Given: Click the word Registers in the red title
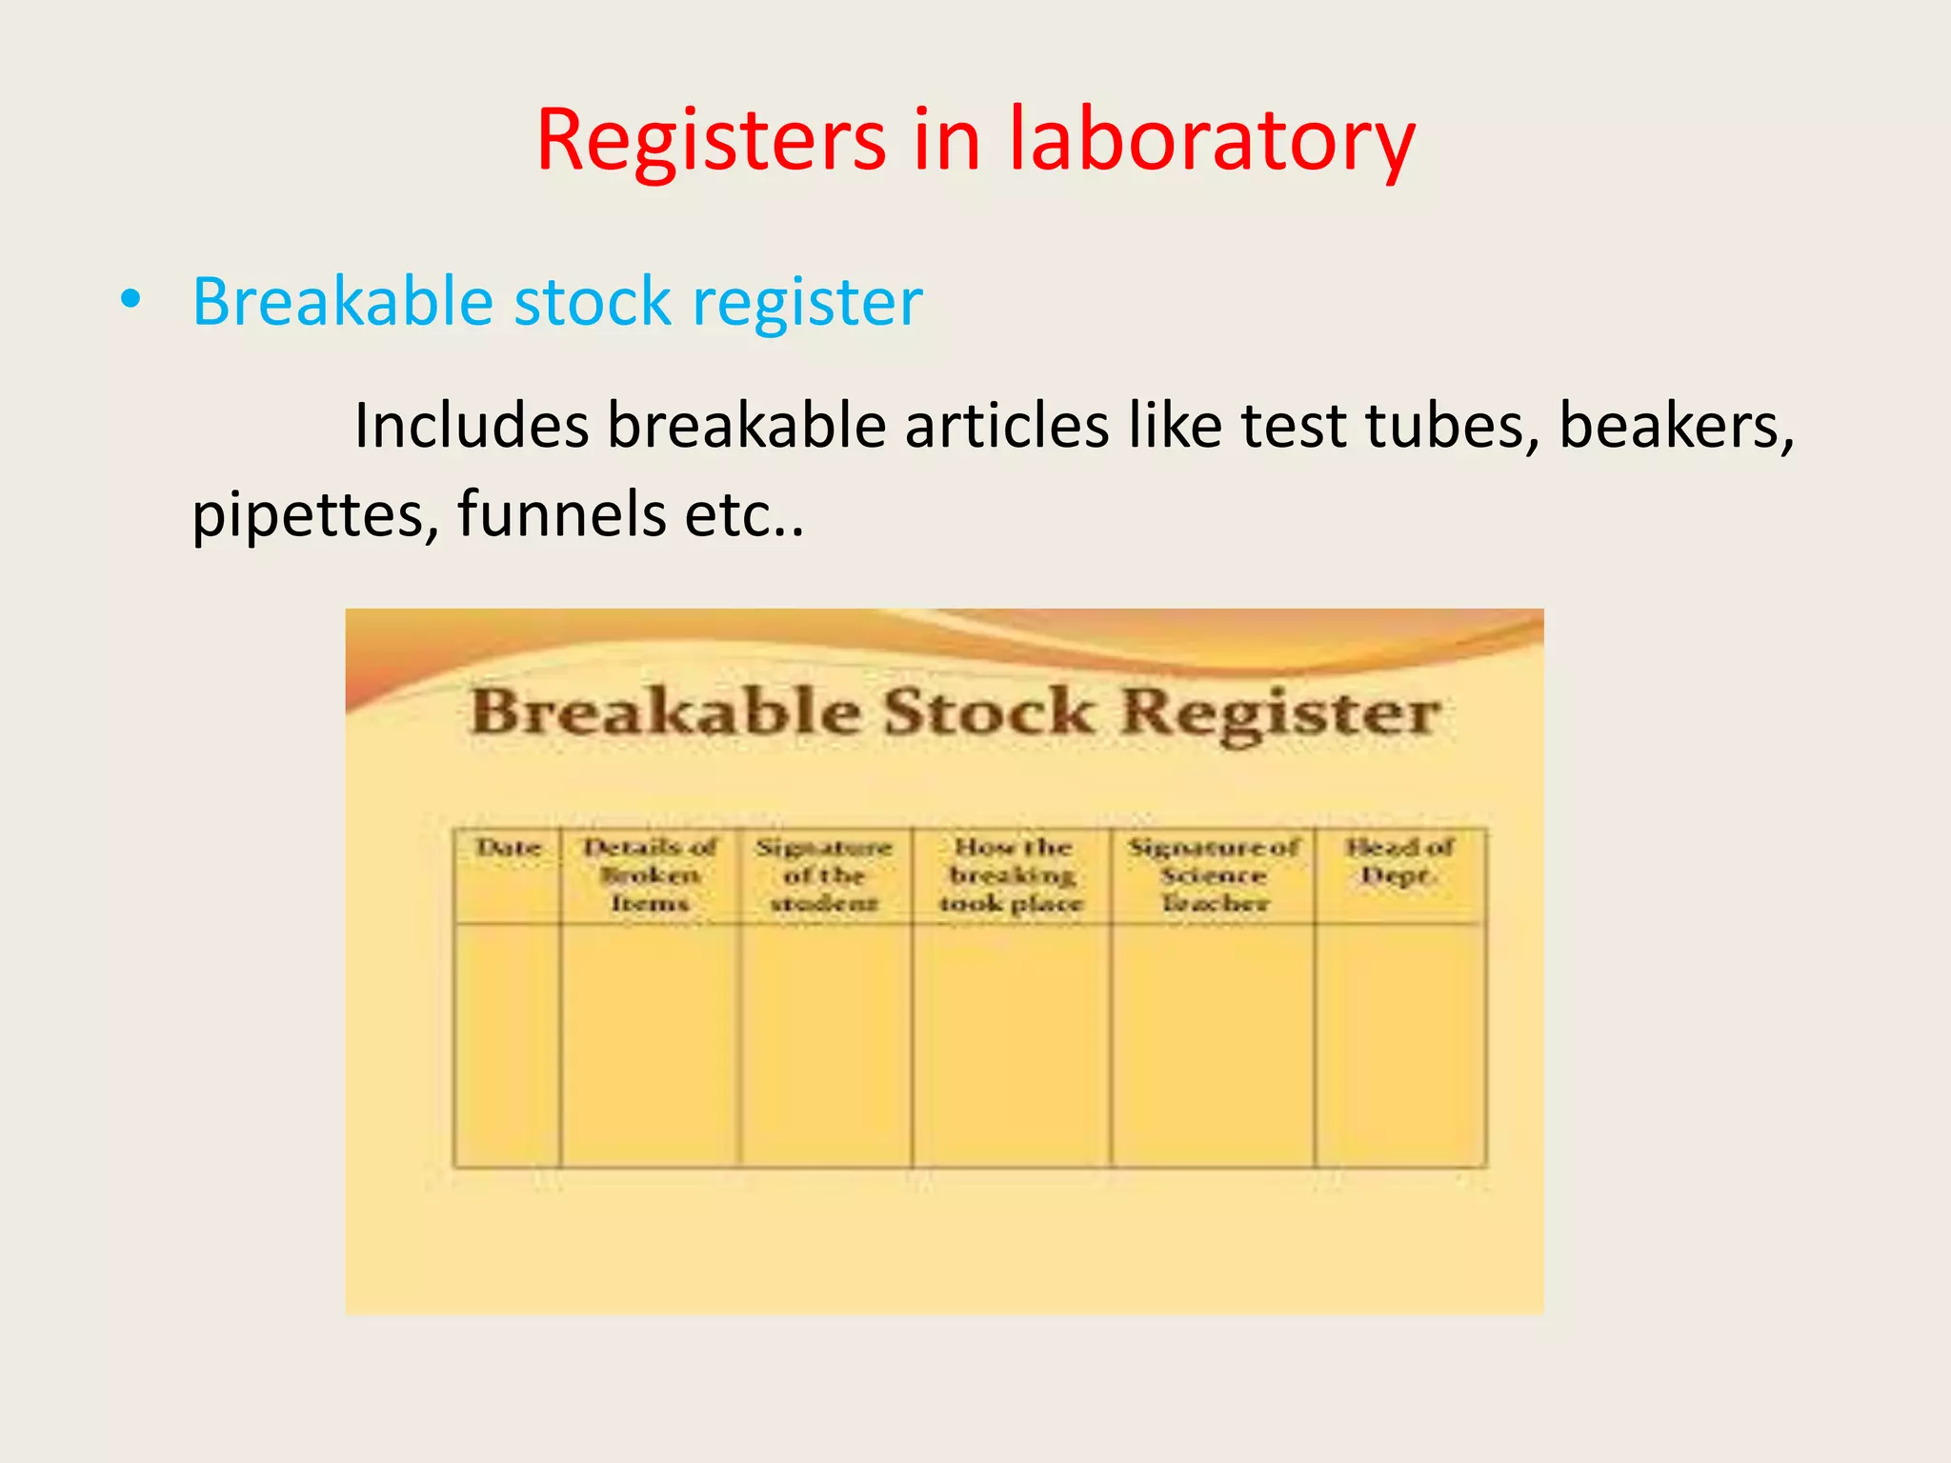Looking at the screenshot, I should (x=711, y=140).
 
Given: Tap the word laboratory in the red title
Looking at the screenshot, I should (x=1212, y=140).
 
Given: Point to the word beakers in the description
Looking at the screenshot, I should (x=1676, y=426).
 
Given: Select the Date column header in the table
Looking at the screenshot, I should (x=509, y=848).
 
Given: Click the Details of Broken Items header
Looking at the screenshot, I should (x=650, y=874).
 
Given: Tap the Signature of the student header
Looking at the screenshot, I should (x=824, y=874).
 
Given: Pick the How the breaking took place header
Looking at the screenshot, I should (x=1012, y=874).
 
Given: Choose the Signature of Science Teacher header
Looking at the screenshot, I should (x=1214, y=874).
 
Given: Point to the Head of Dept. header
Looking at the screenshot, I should (x=1398, y=861).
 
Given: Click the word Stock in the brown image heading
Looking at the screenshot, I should (x=989, y=712).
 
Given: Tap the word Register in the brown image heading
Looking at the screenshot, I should (x=1279, y=714).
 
